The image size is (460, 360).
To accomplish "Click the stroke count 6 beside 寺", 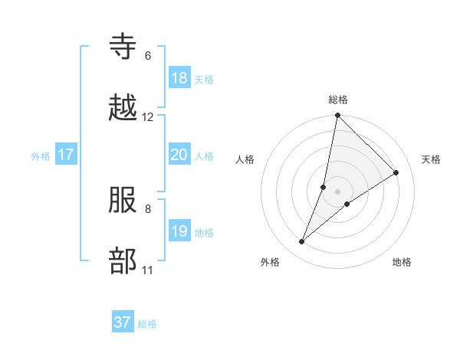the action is (148, 56).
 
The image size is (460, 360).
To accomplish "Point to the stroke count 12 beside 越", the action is (148, 117).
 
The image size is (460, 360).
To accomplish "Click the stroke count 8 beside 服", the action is (148, 208).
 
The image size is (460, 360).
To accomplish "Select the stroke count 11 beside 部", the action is (148, 270).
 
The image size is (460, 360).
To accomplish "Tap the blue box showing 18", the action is (179, 78).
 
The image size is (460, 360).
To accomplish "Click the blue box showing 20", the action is (179, 155).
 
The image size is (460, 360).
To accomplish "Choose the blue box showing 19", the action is (179, 231).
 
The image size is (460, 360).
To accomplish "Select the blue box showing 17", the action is (66, 155).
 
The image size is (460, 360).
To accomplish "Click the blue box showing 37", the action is (123, 322).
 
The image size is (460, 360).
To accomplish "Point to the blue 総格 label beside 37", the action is (147, 324).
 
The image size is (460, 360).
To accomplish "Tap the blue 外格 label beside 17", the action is (41, 156).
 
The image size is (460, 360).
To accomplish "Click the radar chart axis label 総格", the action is (338, 100).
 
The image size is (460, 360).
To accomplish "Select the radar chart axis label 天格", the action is (432, 159).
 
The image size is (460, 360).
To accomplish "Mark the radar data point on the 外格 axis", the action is (302, 242).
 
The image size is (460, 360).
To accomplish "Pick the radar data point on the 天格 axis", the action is (396, 172).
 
